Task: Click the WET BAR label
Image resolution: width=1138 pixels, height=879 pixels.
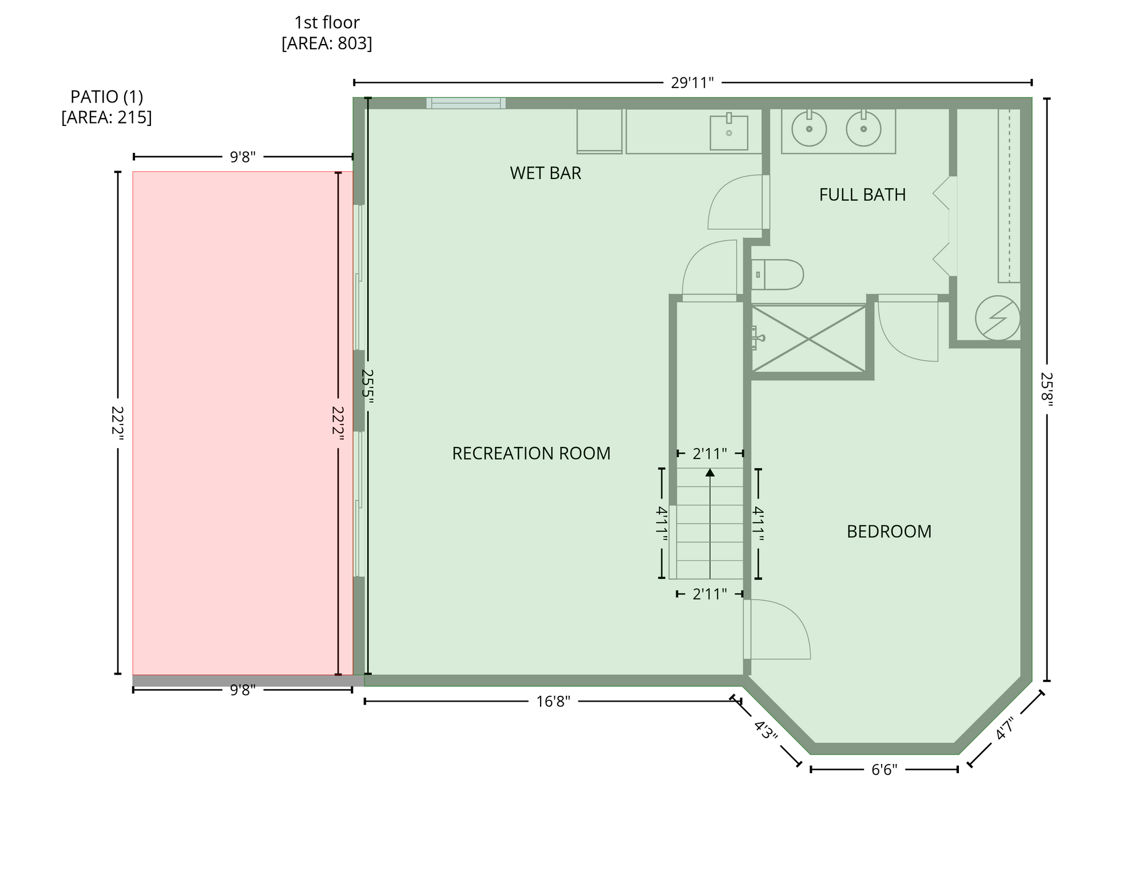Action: pos(545,173)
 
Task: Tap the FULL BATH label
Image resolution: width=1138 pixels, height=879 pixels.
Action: pos(862,195)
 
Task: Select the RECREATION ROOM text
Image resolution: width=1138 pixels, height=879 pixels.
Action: pos(531,453)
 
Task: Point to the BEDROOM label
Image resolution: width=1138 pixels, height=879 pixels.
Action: pos(889,532)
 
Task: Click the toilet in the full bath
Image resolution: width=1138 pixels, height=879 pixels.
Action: pos(777,274)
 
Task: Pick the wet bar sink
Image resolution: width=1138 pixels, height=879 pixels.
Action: pos(728,132)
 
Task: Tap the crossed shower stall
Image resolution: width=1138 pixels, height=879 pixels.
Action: pos(808,339)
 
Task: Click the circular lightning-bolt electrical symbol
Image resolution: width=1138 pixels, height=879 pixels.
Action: pos(997,318)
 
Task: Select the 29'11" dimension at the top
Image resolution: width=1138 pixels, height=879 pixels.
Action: pos(692,83)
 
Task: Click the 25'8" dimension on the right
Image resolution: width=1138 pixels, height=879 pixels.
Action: pos(1046,390)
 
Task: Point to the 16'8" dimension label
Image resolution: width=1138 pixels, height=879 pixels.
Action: pos(553,701)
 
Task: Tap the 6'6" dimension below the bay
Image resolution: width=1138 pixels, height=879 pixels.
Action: pos(884,770)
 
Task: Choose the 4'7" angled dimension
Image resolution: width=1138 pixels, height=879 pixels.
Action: pos(1005,729)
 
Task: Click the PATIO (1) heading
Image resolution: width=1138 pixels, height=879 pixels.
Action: pos(106,97)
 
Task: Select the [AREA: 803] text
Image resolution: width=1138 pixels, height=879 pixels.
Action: pos(327,43)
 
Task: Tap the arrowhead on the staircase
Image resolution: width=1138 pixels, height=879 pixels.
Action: pos(710,472)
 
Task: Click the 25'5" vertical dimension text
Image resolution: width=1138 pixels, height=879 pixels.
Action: pos(367,387)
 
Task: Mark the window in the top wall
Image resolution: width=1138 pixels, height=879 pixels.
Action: pos(466,103)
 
